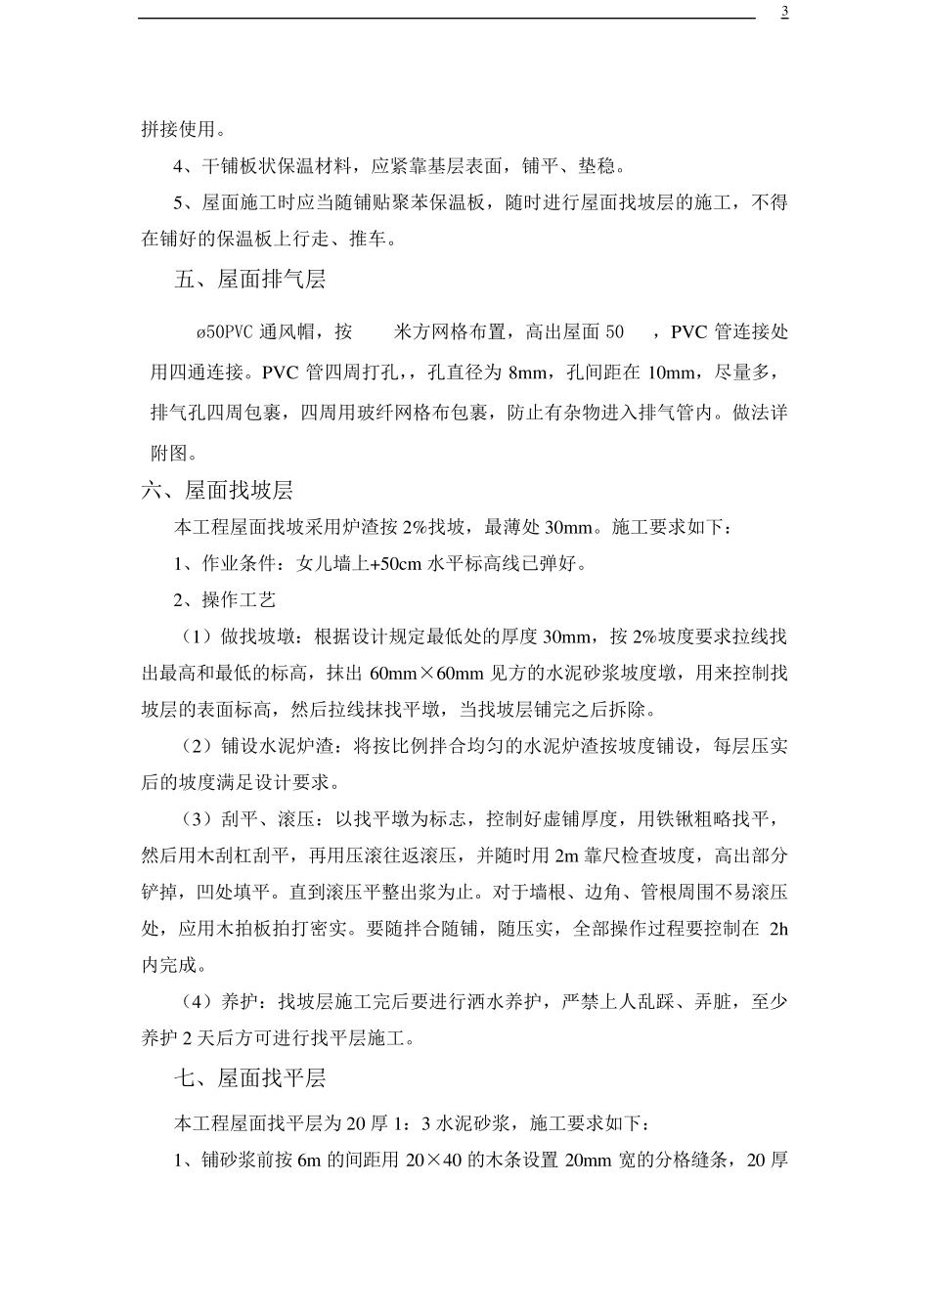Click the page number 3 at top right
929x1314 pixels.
coord(784,12)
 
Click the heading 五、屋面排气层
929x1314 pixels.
coord(249,280)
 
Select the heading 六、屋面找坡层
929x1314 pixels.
coord(217,491)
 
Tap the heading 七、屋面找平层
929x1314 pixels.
coord(249,1078)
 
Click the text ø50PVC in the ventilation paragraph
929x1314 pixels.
coord(225,332)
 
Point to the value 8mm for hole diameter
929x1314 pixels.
coord(529,372)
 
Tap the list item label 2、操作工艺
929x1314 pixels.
coord(225,600)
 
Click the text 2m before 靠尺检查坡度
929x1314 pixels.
coord(566,856)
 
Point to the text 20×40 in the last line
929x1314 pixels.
coord(426,1161)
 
